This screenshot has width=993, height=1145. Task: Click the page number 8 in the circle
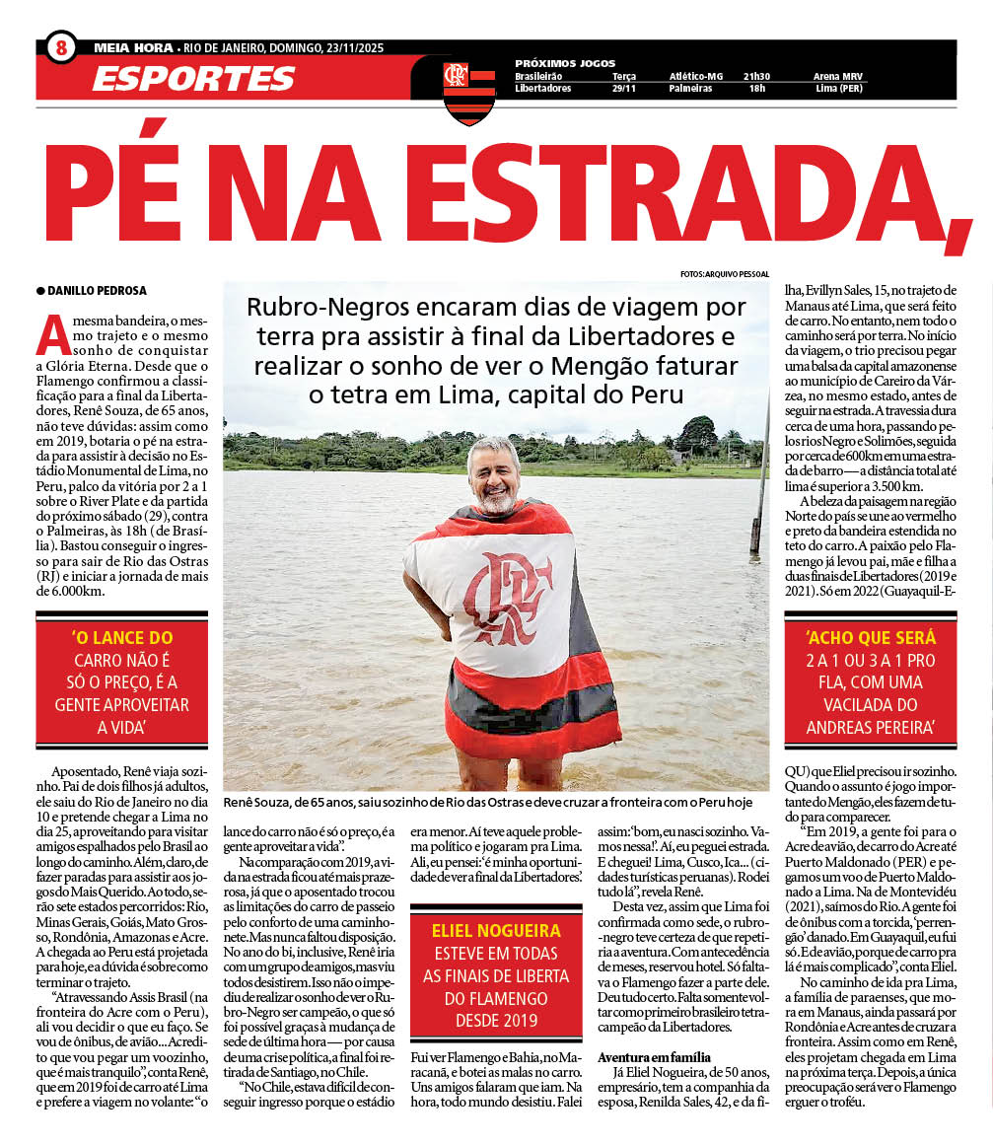60,46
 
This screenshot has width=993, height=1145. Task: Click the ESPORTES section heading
193,78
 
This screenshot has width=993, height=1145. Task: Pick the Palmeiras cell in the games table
691,89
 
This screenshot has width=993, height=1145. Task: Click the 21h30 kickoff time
757,76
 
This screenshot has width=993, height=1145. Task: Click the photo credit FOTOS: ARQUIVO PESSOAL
724,273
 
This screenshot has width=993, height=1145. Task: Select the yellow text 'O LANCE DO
122,638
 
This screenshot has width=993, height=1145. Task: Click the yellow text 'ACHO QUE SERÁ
870,637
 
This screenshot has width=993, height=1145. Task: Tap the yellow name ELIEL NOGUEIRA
496,930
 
